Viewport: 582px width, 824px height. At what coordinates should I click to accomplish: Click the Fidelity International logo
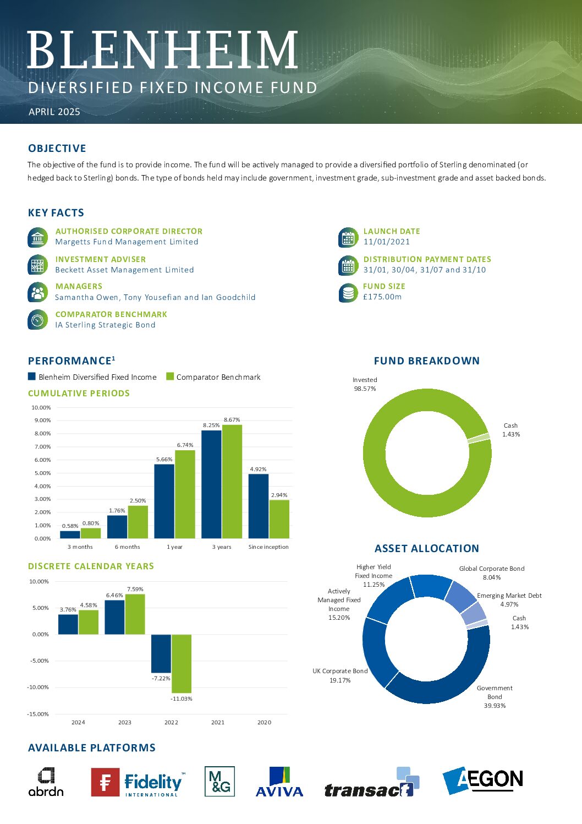pos(138,782)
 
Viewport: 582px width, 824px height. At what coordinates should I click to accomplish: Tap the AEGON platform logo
pos(482,781)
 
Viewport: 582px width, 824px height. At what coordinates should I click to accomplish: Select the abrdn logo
pos(46,782)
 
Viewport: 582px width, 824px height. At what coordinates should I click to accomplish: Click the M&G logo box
pos(219,781)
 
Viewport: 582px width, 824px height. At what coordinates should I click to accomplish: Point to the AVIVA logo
pos(279,782)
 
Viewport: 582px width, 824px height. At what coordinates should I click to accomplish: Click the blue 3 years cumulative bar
pos(211,484)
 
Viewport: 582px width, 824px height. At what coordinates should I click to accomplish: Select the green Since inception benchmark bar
pos(279,519)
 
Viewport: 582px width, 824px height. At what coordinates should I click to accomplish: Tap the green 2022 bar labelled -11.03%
pos(182,663)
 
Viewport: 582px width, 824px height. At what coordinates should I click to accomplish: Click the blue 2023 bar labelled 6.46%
pos(115,617)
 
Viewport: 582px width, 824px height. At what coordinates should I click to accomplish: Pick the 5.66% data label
pos(164,459)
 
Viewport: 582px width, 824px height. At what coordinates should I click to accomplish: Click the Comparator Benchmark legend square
pos(170,376)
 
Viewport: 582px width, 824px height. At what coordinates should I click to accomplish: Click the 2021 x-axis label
pos(218,722)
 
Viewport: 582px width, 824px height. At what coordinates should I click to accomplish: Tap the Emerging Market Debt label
pos(509,595)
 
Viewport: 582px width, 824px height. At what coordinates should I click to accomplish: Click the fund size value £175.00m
pos(382,297)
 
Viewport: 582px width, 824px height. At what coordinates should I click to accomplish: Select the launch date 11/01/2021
pos(386,242)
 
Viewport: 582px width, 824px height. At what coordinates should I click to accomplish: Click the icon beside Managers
pos(37,292)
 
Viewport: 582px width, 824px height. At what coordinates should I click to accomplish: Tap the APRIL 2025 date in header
pos(54,112)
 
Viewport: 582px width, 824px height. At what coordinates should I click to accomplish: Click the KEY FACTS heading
pos(56,212)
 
